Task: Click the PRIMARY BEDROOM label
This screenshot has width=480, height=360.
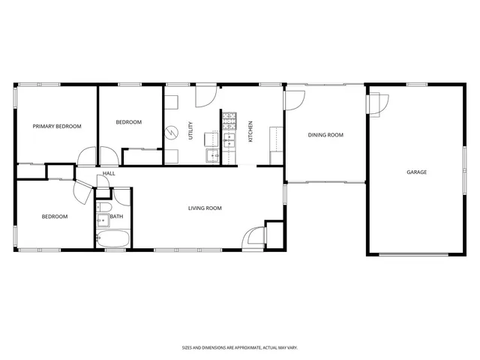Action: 57,127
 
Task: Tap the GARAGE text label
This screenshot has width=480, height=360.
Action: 416,172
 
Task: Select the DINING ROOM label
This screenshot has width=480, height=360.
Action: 325,135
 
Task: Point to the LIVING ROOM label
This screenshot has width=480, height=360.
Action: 204,208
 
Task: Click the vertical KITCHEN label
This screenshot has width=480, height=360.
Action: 251,132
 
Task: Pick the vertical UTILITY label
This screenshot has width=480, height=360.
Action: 191,132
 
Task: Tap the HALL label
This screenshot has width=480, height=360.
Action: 109,174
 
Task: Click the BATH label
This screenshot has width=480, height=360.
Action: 116,217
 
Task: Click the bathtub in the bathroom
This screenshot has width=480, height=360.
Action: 112,239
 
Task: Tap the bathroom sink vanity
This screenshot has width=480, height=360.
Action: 101,220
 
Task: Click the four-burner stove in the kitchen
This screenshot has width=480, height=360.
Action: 229,120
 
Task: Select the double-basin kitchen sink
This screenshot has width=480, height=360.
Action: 229,139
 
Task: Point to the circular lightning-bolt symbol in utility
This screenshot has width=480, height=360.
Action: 172,132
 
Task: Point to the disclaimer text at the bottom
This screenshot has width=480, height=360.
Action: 239,347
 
